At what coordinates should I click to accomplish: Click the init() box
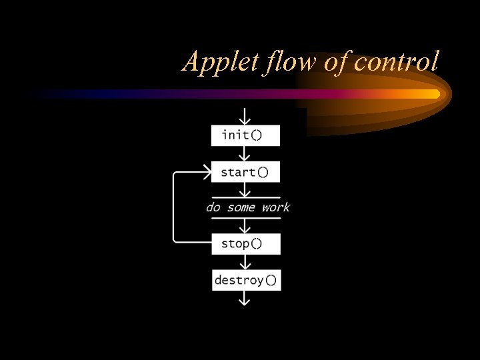[x=245, y=135]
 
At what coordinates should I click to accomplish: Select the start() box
[x=245, y=172]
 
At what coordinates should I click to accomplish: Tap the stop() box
[x=245, y=243]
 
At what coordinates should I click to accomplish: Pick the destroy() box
[x=245, y=280]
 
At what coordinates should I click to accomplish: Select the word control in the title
[x=397, y=62]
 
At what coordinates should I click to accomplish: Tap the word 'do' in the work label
[x=213, y=207]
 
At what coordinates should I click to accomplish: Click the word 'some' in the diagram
[x=241, y=207]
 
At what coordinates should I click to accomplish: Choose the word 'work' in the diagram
[x=275, y=207]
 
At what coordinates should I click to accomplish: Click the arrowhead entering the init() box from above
[x=245, y=119]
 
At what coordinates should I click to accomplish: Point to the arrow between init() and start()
[x=245, y=154]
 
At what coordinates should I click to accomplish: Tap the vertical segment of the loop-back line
[x=173, y=207]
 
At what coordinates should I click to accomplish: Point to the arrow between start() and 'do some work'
[x=245, y=190]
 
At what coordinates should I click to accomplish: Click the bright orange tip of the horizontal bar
[x=433, y=94]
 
